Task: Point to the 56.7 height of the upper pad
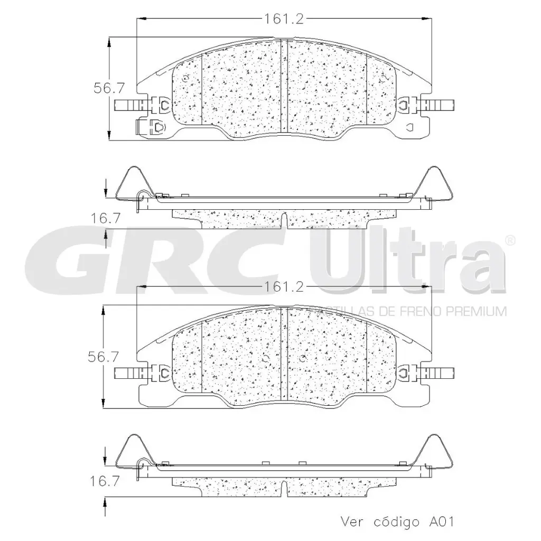click(105, 89)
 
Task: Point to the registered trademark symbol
click(510, 240)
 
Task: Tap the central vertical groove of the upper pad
click(283, 87)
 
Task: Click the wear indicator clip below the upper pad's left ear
click(152, 127)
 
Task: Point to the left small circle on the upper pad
click(184, 79)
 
